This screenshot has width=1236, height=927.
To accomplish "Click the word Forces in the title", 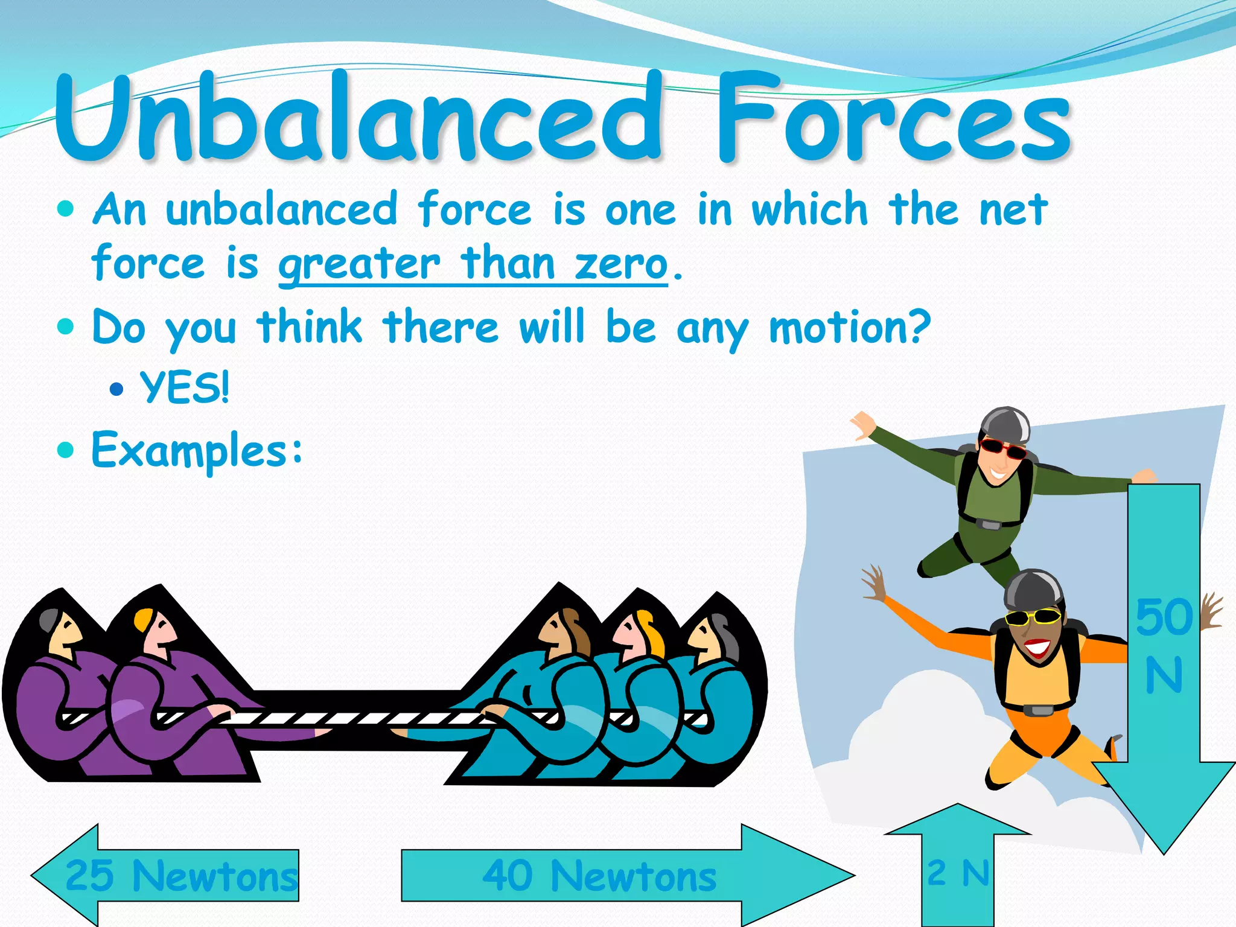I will (893, 118).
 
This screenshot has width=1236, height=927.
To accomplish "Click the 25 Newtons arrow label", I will (181, 875).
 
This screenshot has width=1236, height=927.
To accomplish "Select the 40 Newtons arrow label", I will (599, 876).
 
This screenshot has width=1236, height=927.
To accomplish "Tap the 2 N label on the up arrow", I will (958, 873).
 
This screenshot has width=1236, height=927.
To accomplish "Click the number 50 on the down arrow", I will (1164, 617).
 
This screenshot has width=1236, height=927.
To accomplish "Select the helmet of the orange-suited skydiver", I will (1033, 588).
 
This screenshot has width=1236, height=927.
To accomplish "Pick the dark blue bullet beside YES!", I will (116, 389).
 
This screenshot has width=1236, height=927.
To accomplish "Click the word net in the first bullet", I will (1013, 209).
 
